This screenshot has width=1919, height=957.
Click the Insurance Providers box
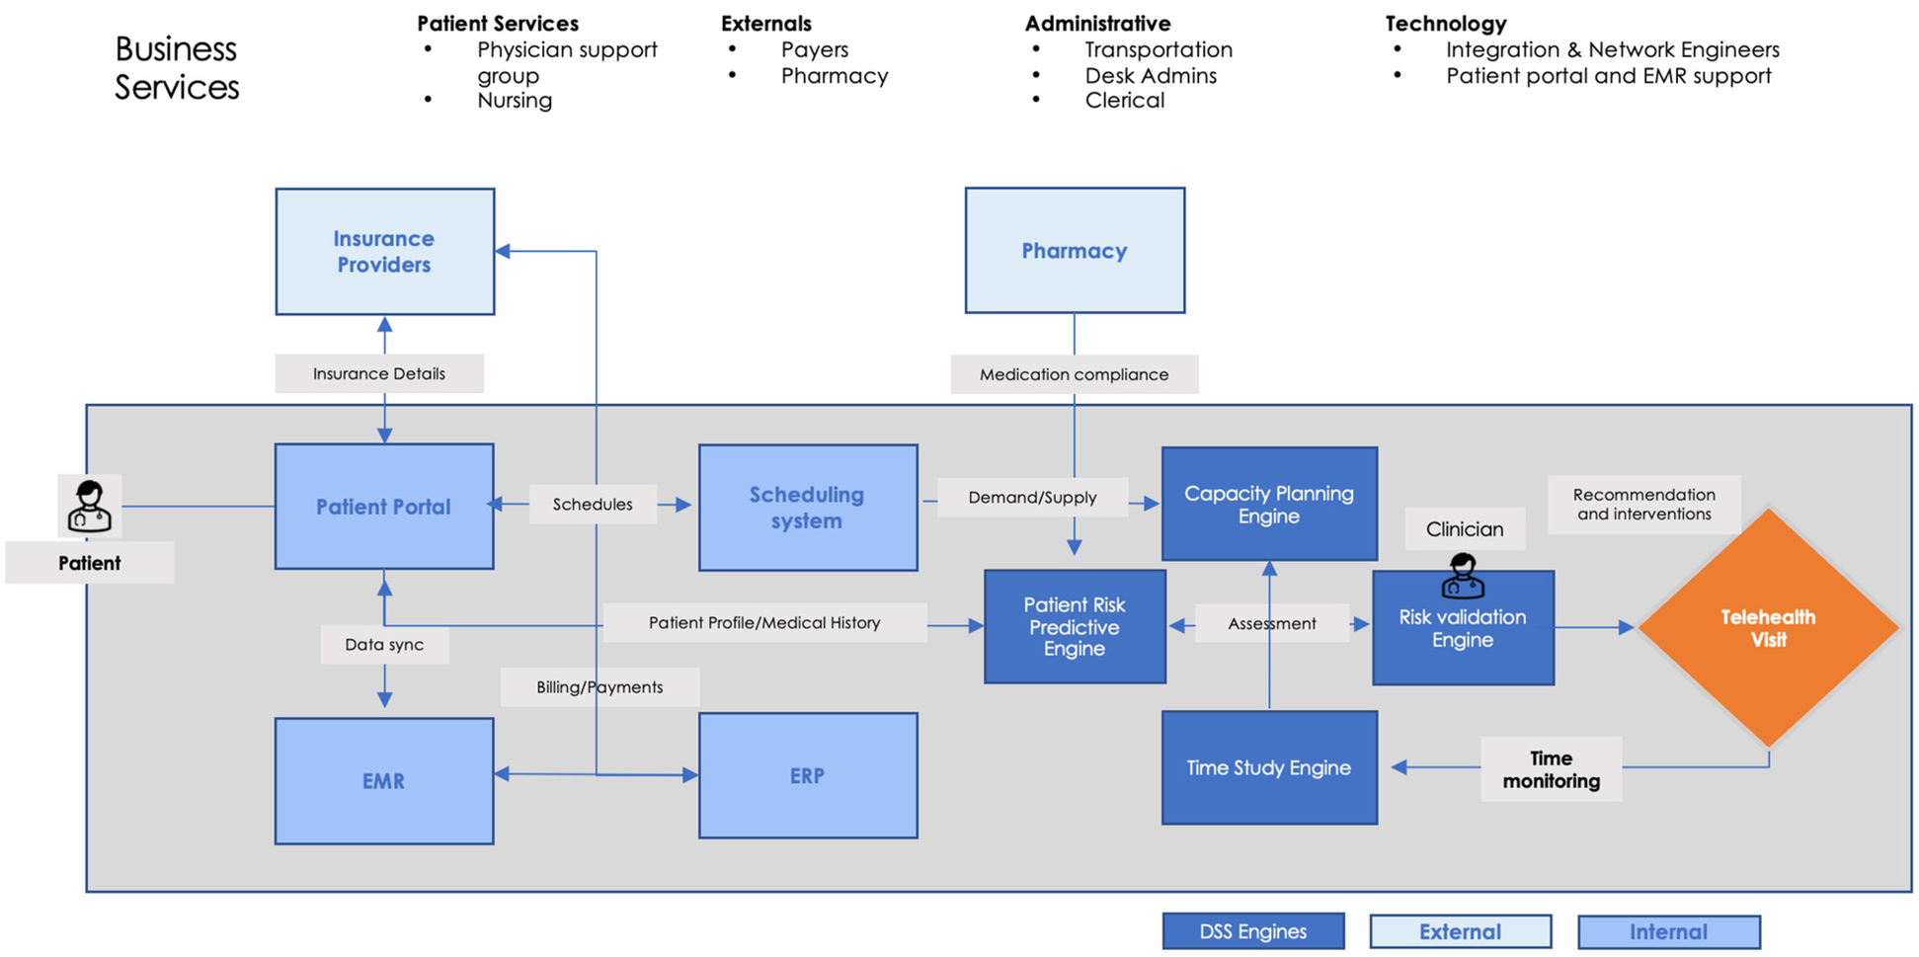(384, 252)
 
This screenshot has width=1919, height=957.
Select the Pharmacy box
(1075, 251)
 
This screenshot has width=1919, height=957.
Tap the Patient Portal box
(384, 507)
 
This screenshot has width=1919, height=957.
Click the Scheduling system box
(807, 508)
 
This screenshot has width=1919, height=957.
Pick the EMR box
(384, 781)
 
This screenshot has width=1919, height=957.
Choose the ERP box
(807, 776)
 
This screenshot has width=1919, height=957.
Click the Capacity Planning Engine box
(1269, 505)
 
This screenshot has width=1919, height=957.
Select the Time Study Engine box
(1269, 767)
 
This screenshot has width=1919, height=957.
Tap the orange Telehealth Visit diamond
(1768, 628)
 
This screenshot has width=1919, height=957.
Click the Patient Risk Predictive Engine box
(1075, 627)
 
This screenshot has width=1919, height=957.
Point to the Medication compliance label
(1074, 374)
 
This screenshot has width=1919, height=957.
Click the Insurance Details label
(379, 373)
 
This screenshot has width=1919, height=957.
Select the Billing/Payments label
(600, 687)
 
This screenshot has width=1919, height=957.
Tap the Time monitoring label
(1551, 769)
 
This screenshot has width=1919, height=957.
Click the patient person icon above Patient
(89, 506)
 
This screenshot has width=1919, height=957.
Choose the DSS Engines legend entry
(1252, 931)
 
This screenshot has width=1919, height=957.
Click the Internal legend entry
(1668, 931)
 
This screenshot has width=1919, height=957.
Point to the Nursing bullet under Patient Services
(514, 101)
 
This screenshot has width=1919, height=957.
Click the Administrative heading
(1097, 24)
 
